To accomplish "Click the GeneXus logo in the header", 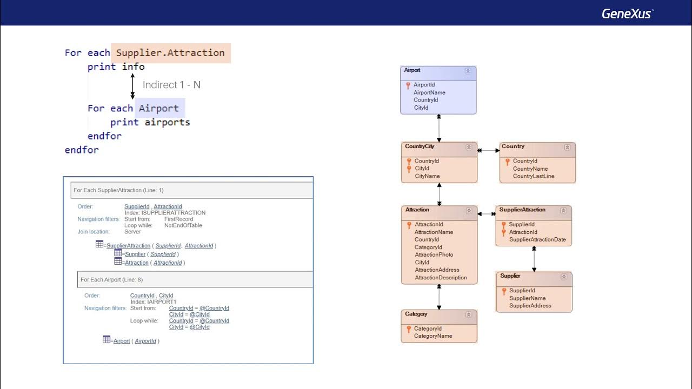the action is pyautogui.click(x=627, y=14).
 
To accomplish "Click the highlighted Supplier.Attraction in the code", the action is pyautogui.click(x=170, y=53).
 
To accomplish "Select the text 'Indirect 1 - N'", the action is pyautogui.click(x=171, y=85).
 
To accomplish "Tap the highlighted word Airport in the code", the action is pyautogui.click(x=159, y=109).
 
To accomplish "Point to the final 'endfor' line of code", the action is pyautogui.click(x=82, y=150).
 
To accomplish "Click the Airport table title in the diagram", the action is pyautogui.click(x=412, y=70).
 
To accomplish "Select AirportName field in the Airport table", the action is pyautogui.click(x=429, y=92).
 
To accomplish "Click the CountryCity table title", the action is pyautogui.click(x=420, y=146).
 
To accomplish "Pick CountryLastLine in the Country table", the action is pyautogui.click(x=534, y=176).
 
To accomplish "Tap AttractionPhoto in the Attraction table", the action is pyautogui.click(x=434, y=254).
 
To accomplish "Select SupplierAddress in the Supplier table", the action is pyautogui.click(x=530, y=306).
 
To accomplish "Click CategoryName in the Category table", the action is pyautogui.click(x=432, y=336).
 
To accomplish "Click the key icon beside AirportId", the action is pyautogui.click(x=408, y=85).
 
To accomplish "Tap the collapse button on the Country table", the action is pyautogui.click(x=567, y=147).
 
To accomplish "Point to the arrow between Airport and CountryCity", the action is pyautogui.click(x=439, y=128).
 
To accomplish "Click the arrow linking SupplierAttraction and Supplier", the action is pyautogui.click(x=534, y=259).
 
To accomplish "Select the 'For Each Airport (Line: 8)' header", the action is pyautogui.click(x=111, y=280).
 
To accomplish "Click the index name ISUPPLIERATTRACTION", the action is pyautogui.click(x=165, y=213).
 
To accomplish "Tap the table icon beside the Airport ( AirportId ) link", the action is pyautogui.click(x=107, y=340).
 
